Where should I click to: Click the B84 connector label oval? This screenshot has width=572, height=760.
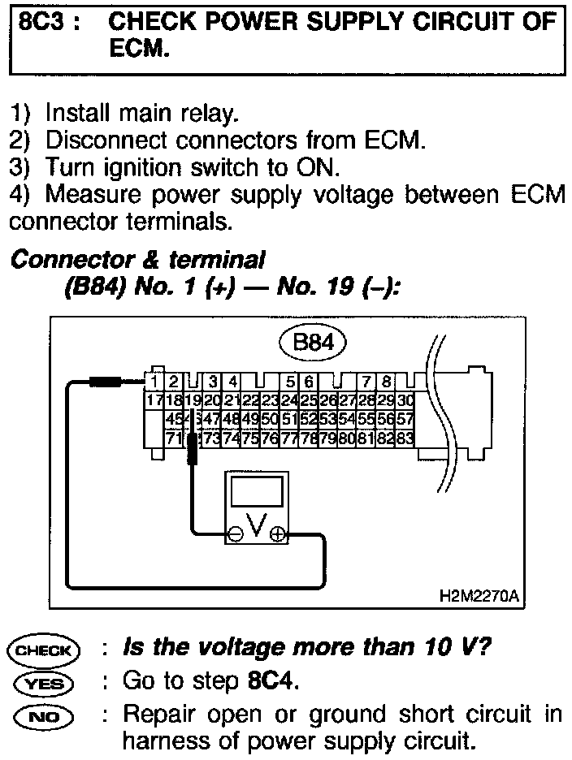[312, 343]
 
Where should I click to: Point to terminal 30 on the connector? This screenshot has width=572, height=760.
[406, 399]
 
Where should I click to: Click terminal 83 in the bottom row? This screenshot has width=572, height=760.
[405, 438]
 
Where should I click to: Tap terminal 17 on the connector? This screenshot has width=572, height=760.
[152, 399]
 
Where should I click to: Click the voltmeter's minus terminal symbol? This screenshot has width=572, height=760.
[235, 533]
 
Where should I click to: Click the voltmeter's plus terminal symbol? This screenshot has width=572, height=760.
[278, 533]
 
